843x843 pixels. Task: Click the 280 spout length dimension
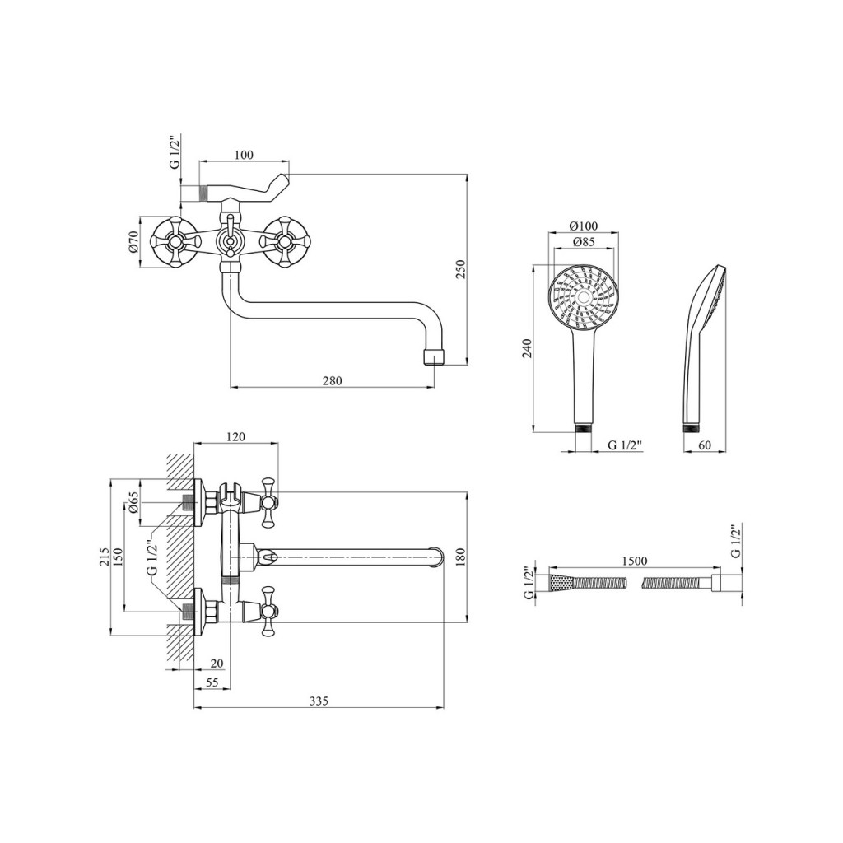tap(333, 380)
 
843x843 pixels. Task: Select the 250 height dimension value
tap(461, 269)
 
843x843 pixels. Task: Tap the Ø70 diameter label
tap(134, 242)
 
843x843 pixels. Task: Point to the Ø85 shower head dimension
tap(584, 242)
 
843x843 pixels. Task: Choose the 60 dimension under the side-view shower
tap(705, 445)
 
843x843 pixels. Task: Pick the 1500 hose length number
tap(635, 561)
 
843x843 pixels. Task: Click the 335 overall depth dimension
tap(319, 701)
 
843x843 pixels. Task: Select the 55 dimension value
tap(212, 682)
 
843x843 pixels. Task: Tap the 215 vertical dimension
tap(105, 557)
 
